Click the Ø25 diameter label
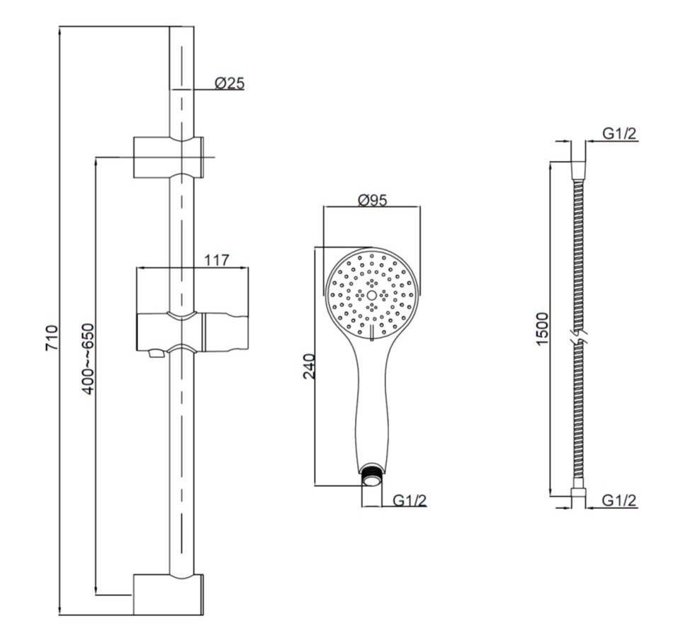pyautogui.click(x=230, y=83)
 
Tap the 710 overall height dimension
pyautogui.click(x=52, y=337)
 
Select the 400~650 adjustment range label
pyautogui.click(x=88, y=359)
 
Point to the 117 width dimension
pyautogui.click(x=216, y=260)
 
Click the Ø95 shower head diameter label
pyautogui.click(x=373, y=200)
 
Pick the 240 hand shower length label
pyautogui.click(x=309, y=366)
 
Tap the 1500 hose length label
pyautogui.click(x=542, y=329)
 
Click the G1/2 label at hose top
pyautogui.click(x=619, y=133)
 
